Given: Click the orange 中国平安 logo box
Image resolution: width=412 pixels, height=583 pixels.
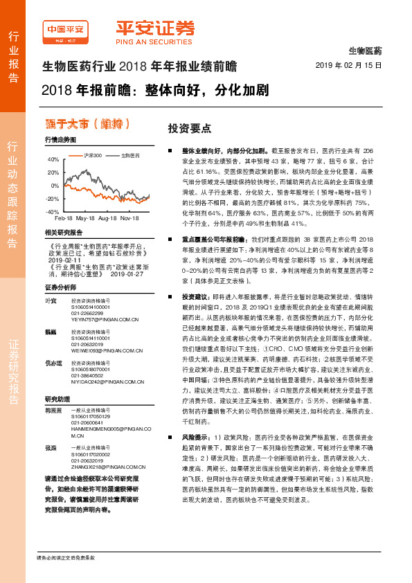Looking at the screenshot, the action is pyautogui.click(x=66, y=30).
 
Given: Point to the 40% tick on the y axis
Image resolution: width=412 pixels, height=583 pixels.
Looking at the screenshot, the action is pyautogui.click(x=53, y=159).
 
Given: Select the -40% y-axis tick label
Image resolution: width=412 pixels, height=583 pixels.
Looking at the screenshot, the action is pyautogui.click(x=53, y=211).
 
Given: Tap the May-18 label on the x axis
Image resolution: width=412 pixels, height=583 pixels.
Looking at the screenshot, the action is pyautogui.click(x=85, y=218).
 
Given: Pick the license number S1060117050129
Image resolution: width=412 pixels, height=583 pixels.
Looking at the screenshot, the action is pyautogui.click(x=91, y=418).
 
